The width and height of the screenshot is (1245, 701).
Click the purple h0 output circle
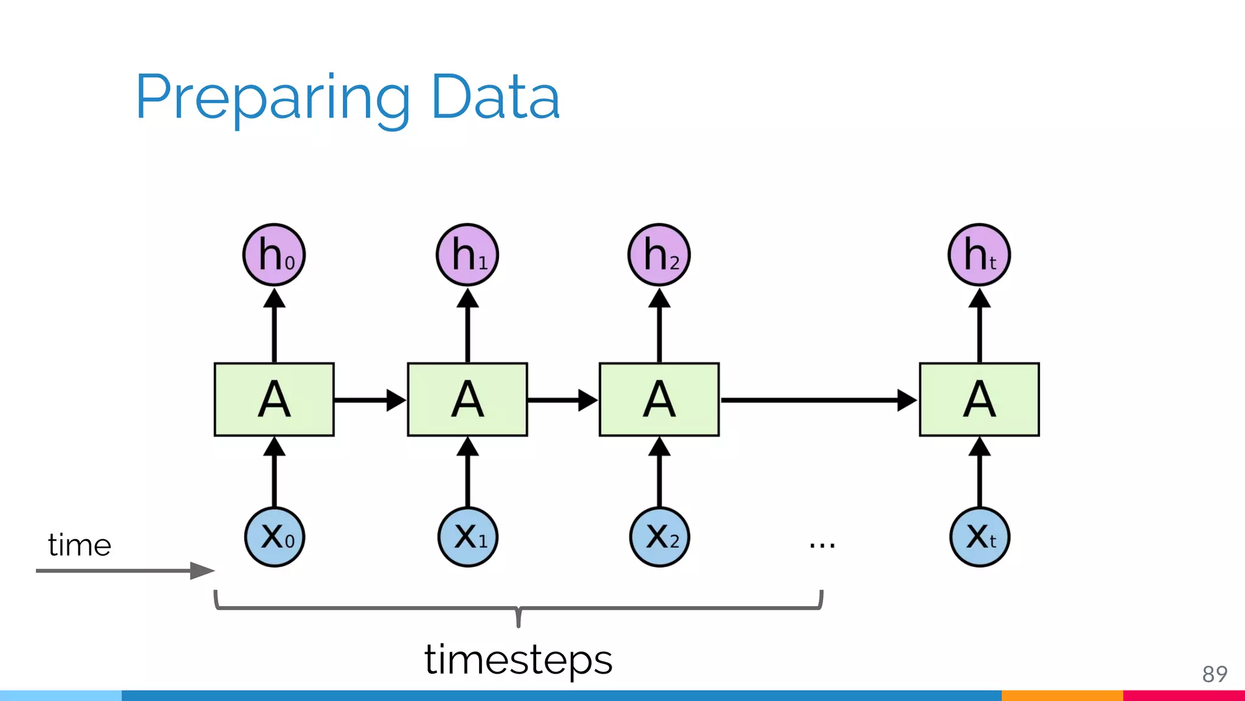[274, 254]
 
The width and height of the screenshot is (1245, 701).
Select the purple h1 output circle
[467, 254]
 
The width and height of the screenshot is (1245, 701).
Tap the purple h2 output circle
[659, 254]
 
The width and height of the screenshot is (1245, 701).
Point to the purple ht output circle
[979, 254]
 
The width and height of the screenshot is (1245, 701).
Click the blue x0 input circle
[275, 537]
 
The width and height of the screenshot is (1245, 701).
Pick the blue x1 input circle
[467, 537]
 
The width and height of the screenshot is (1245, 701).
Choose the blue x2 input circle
[660, 537]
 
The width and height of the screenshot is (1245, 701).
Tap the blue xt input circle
[979, 537]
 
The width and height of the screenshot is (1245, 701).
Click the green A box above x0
[274, 400]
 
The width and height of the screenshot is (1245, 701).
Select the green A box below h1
[467, 400]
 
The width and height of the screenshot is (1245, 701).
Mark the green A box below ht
[979, 400]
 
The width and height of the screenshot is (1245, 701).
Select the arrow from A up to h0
[274, 326]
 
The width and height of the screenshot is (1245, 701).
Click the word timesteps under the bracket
[518, 660]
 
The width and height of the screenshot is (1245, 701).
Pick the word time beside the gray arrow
[80, 545]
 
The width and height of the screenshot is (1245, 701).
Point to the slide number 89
[1215, 674]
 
